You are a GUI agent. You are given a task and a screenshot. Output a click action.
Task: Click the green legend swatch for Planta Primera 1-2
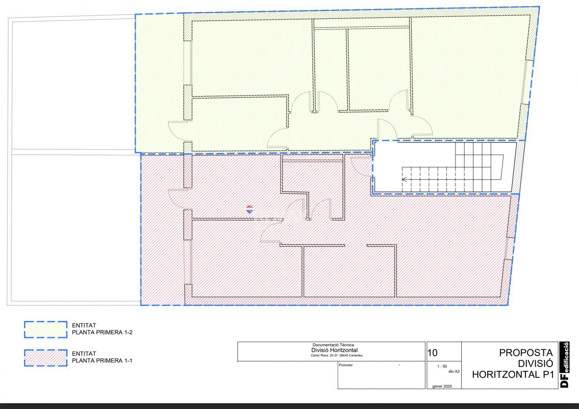point(46,330)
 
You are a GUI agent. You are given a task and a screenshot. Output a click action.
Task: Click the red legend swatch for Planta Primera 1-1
point(46,358)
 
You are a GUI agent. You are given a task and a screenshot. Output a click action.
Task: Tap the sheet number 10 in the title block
point(433,353)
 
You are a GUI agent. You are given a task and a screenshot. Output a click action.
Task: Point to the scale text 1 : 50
point(442,366)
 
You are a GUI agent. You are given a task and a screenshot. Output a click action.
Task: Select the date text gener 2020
point(442,386)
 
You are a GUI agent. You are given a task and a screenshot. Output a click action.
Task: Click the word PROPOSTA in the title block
point(526,353)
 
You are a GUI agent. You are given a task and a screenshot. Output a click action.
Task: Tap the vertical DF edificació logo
point(564,365)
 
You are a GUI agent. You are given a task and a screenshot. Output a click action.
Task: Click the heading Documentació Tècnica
point(333,345)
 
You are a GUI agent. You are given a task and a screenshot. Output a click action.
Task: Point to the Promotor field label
point(346,365)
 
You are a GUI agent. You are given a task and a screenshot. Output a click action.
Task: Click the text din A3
point(454,372)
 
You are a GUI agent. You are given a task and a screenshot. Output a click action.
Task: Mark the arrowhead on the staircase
point(404,179)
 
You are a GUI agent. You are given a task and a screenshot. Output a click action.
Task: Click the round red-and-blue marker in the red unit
point(250,209)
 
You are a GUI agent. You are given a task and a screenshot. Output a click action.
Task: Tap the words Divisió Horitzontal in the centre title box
point(334,350)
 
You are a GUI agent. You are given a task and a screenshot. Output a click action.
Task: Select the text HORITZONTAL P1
point(513,375)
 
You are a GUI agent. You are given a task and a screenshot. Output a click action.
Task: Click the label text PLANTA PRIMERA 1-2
point(102,332)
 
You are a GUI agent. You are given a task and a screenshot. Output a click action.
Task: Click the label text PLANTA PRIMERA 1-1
point(102,360)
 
